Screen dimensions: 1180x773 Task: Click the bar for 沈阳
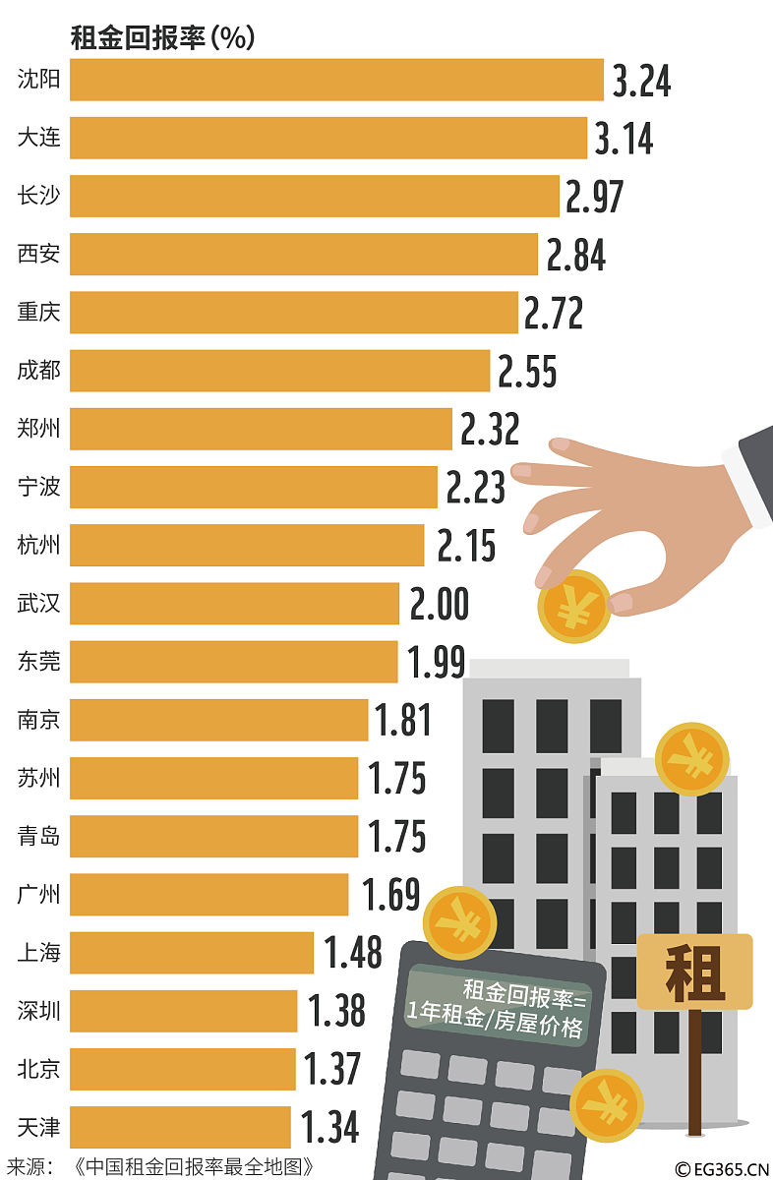tap(336, 80)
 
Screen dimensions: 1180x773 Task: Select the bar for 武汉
tap(234, 603)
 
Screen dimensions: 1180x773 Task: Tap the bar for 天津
tap(180, 1127)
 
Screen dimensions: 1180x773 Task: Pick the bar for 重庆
tap(293, 313)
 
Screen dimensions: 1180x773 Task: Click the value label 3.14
tap(624, 139)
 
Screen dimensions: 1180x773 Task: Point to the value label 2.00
tap(439, 604)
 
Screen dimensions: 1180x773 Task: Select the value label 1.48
tap(353, 953)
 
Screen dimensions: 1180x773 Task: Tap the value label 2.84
tap(576, 255)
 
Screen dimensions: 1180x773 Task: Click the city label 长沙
tap(38, 196)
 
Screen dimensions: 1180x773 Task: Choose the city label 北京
tap(38, 1068)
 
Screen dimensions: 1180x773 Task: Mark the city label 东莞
tap(38, 661)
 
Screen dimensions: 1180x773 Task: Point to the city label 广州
tap(38, 894)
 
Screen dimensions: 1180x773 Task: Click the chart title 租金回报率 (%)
tap(162, 37)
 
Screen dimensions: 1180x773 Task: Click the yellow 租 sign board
tap(694, 972)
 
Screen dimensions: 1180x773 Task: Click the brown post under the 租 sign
tap(695, 1072)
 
